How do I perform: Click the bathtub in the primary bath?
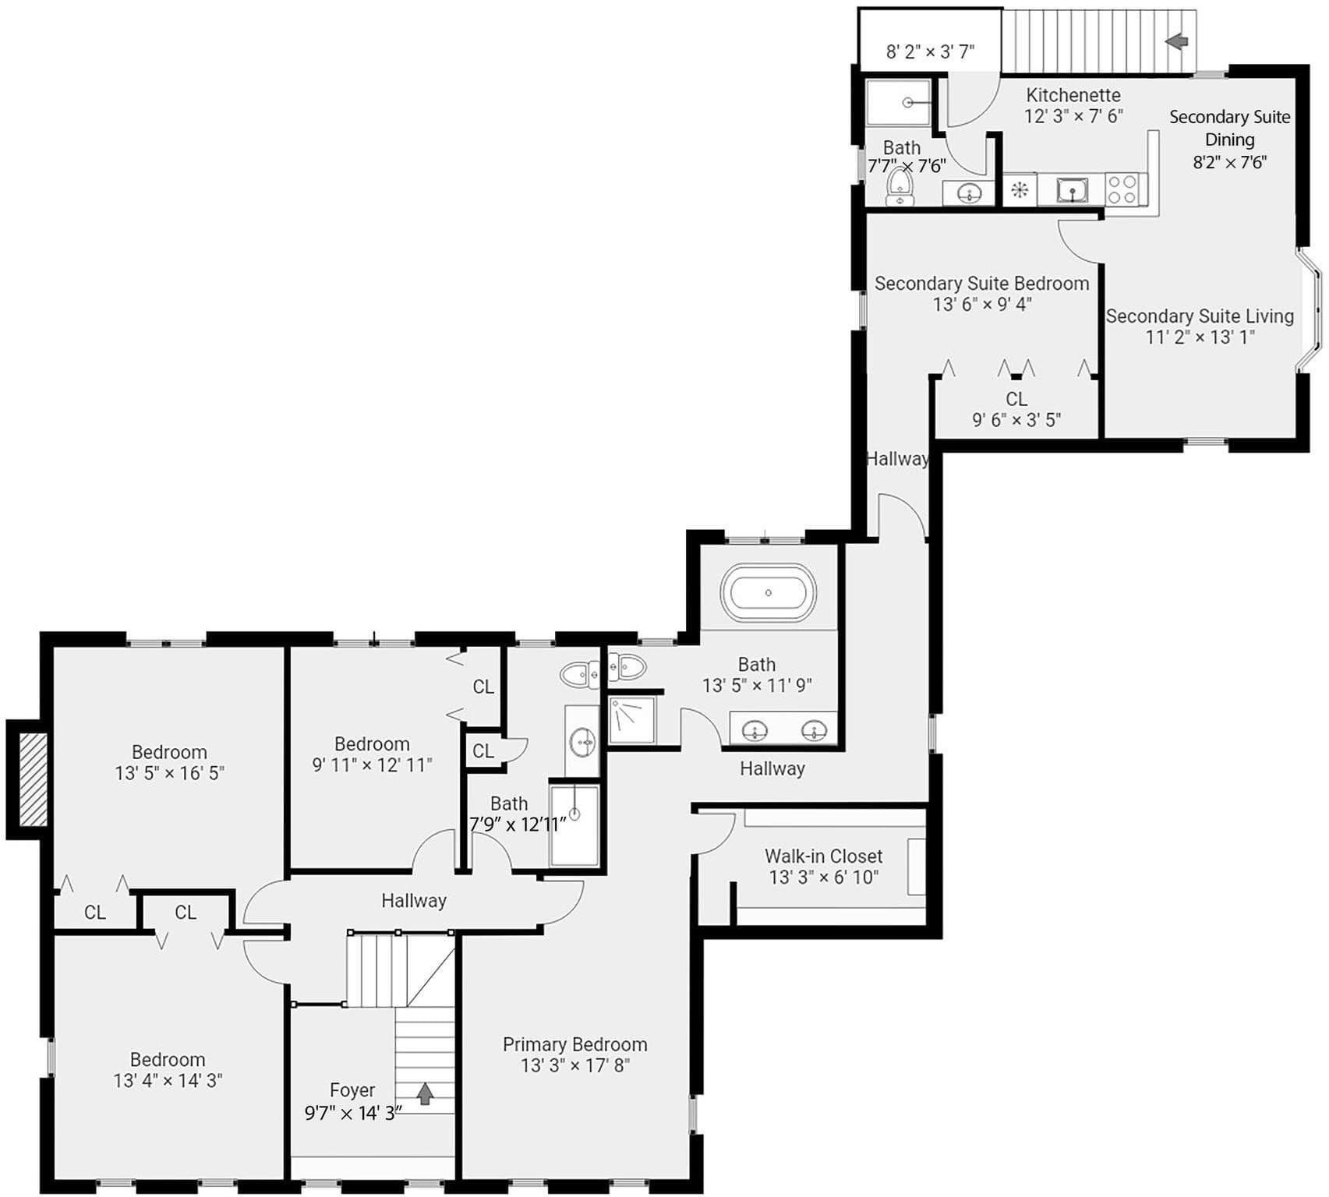point(768,592)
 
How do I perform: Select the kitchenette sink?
point(1073,190)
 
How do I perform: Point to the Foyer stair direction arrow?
point(425,1093)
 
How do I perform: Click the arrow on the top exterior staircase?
point(1177,41)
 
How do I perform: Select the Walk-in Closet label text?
point(824,856)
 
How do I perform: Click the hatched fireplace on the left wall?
point(33,779)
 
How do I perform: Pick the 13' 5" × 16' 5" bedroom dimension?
point(170,773)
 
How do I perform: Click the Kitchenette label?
point(1073,95)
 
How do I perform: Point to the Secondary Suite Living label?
point(1200,316)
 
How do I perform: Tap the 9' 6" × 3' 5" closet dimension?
point(1016,420)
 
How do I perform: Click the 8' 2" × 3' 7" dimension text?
point(931,52)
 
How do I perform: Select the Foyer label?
point(352,1090)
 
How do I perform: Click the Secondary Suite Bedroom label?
point(982,284)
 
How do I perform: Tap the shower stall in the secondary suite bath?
point(899,102)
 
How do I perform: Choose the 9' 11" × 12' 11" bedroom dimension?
point(373,765)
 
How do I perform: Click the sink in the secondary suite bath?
point(969,192)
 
